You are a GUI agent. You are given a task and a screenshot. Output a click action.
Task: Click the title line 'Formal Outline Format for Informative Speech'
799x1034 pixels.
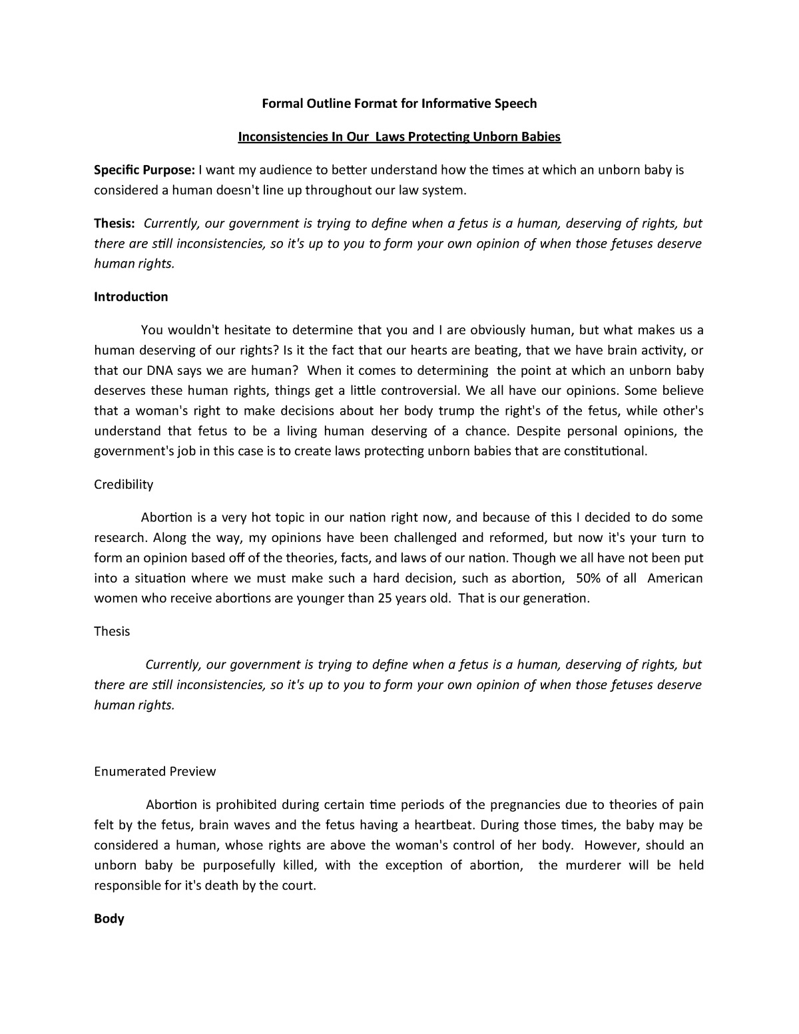pyautogui.click(x=400, y=103)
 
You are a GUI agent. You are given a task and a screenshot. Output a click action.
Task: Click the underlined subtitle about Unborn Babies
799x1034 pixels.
pyautogui.click(x=400, y=137)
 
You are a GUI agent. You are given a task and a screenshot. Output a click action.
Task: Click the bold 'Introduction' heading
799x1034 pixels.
pyautogui.click(x=131, y=297)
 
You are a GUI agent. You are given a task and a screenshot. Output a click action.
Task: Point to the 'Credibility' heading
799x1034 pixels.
pyautogui.click(x=124, y=485)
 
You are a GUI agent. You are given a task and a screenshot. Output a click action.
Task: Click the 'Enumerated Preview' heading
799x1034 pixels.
pyautogui.click(x=155, y=772)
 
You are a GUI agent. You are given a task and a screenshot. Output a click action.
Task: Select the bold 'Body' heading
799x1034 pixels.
pyautogui.click(x=109, y=919)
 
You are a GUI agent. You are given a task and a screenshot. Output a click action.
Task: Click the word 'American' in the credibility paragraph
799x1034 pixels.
pyautogui.click(x=675, y=578)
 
